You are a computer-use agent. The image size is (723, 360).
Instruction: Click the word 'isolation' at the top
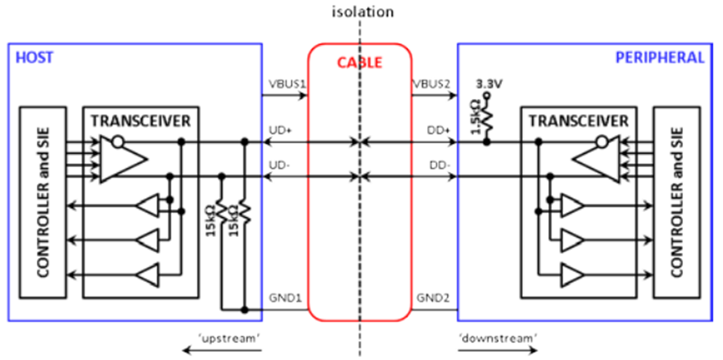coord(363,11)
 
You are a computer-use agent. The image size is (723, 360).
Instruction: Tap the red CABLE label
coord(359,62)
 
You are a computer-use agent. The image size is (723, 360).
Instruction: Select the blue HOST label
coord(35,58)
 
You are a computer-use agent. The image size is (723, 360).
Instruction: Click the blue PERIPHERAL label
coord(660,58)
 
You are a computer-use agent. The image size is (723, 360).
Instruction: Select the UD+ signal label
coord(280,131)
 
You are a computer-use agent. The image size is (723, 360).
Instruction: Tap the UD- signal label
coord(278,165)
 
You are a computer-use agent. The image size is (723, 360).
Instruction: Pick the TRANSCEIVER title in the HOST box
coord(141,121)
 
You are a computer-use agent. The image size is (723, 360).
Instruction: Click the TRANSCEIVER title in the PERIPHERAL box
coord(578,121)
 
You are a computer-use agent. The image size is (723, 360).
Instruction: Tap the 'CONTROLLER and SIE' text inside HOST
coord(43,202)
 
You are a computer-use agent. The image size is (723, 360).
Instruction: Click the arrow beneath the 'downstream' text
coord(498,351)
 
